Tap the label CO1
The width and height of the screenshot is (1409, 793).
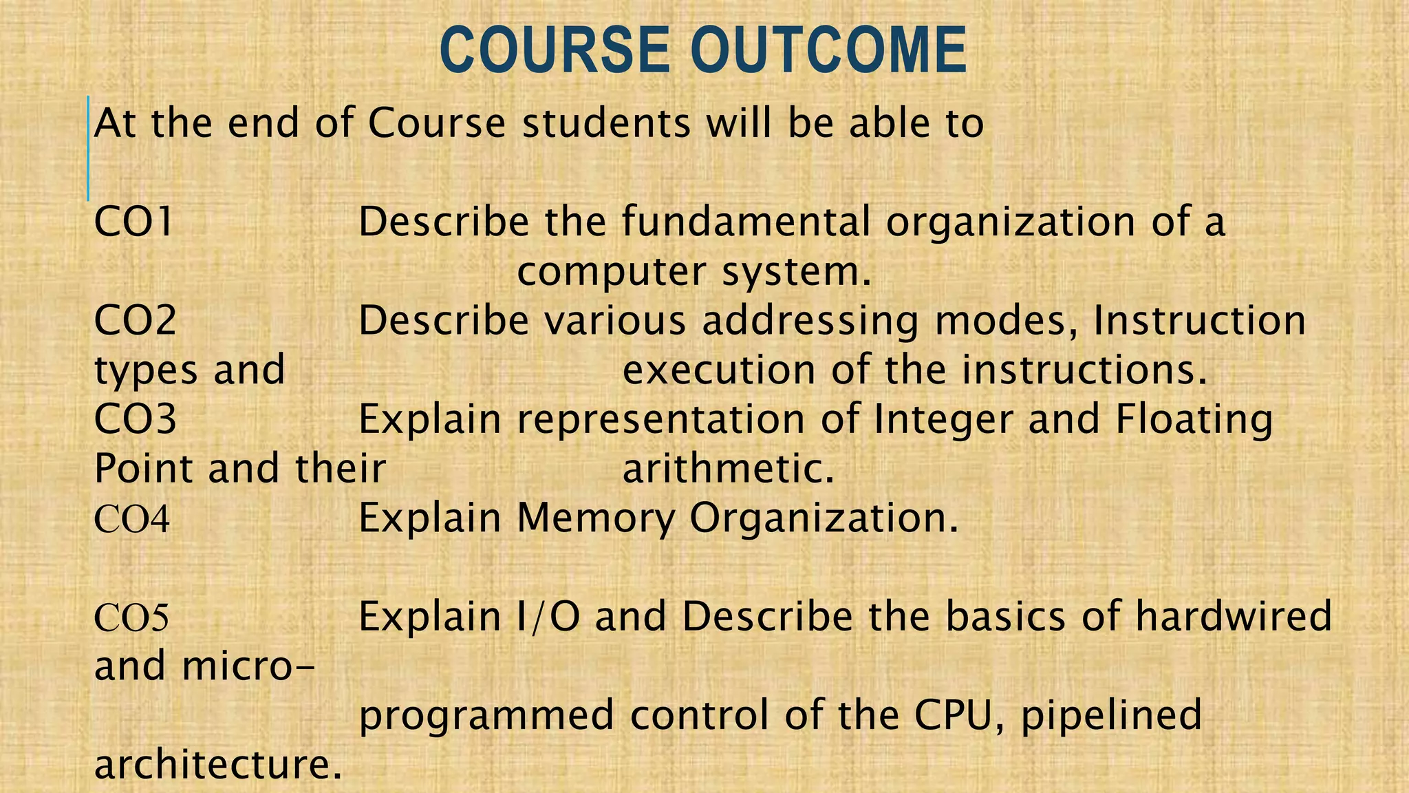[x=133, y=222]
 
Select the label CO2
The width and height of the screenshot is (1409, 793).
[x=135, y=321]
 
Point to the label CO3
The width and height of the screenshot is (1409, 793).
[x=135, y=419]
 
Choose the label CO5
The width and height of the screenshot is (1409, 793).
[x=131, y=617]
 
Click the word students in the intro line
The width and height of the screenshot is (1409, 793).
[x=606, y=124]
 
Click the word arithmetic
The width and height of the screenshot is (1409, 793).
[x=728, y=469]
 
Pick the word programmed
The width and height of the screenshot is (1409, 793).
[x=486, y=716]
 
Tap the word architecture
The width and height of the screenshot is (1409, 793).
[x=217, y=765]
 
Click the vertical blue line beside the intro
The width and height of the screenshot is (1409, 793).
[x=88, y=149]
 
